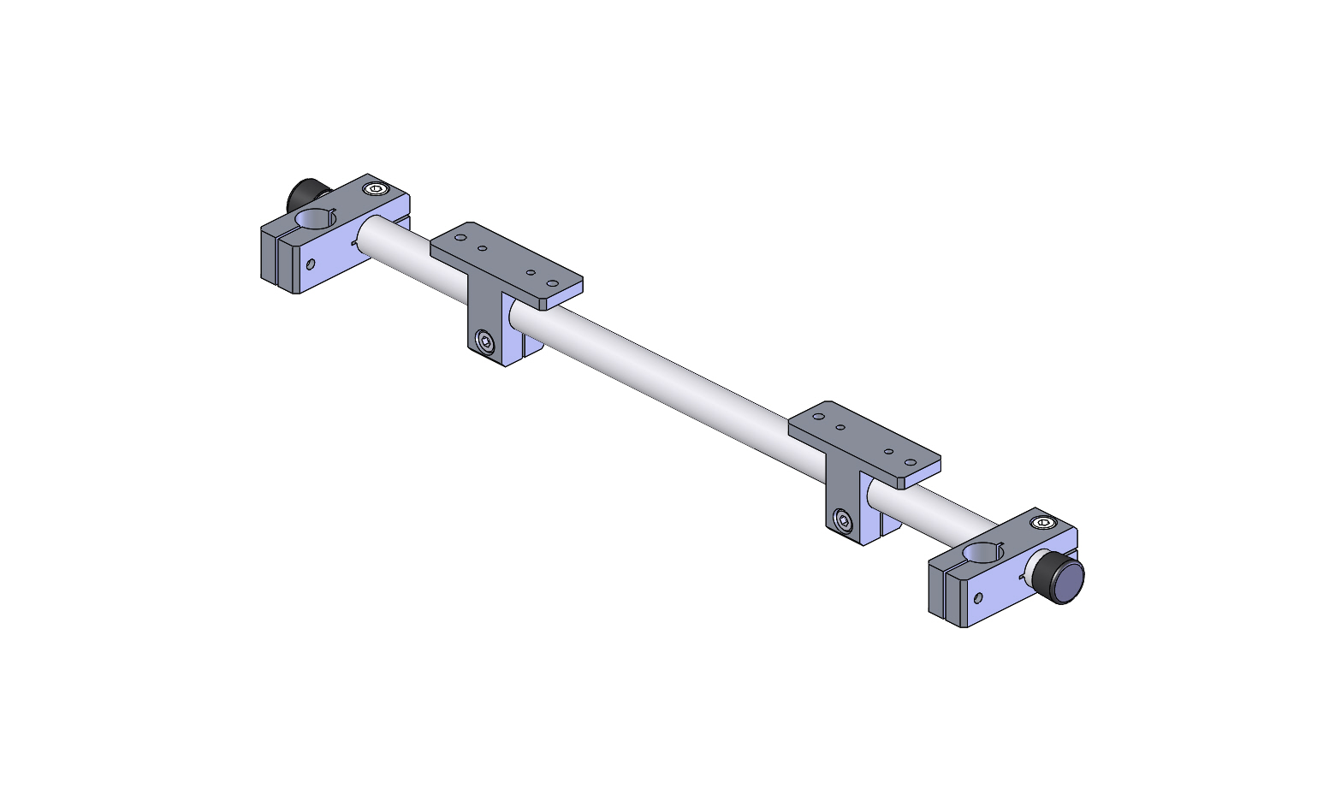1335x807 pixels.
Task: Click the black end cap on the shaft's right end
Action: [x=1065, y=582]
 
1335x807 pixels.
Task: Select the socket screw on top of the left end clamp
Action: [x=375, y=189]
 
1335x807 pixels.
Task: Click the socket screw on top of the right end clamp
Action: [x=1042, y=523]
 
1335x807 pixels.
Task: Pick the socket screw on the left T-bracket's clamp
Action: [x=486, y=343]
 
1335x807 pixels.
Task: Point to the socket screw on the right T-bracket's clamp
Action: [x=844, y=520]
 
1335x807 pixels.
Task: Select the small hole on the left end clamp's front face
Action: [x=310, y=264]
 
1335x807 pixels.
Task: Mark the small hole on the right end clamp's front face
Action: [x=977, y=597]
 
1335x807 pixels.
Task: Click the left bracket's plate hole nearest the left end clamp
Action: [x=461, y=238]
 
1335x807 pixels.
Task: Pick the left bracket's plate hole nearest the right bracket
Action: [x=552, y=282]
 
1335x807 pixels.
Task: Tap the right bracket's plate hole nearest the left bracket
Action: [x=819, y=417]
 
